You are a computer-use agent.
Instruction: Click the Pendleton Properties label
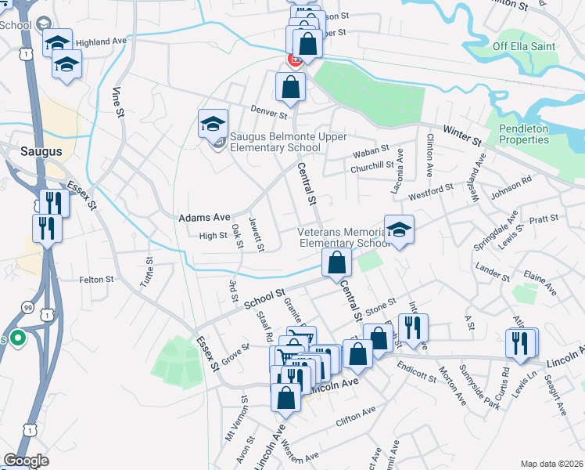[x=524, y=134]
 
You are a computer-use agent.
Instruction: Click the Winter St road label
[x=461, y=135]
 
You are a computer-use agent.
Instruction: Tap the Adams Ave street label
[x=205, y=217]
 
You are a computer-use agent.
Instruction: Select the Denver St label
[x=269, y=113]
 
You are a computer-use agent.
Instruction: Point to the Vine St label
[x=120, y=103]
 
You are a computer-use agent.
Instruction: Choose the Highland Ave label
[x=102, y=42]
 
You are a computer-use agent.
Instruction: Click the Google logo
[x=26, y=461]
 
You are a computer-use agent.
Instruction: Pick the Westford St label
[x=431, y=190]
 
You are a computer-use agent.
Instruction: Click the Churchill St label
[x=372, y=165]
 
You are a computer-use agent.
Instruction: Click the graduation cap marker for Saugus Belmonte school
[x=212, y=123]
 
